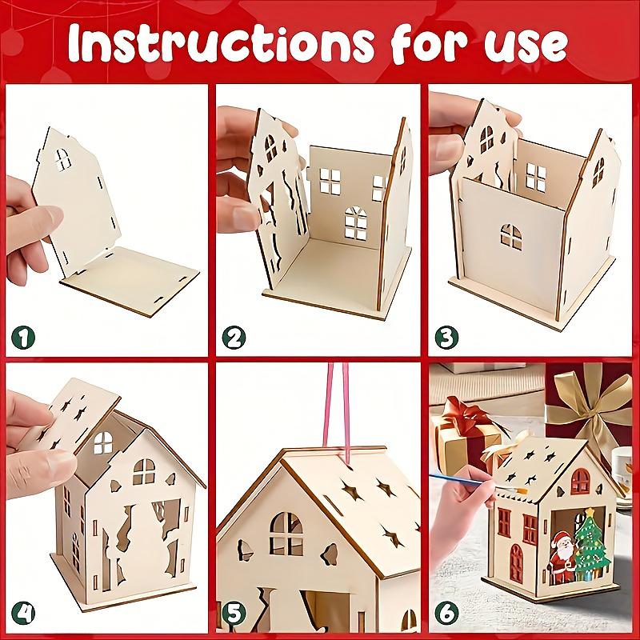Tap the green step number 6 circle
pos(446,613)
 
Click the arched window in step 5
pos(285,532)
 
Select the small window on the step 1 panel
pos(62,158)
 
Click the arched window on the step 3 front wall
pos(510,236)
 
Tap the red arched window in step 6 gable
pos(579,479)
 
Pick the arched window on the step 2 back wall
pos(353,222)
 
